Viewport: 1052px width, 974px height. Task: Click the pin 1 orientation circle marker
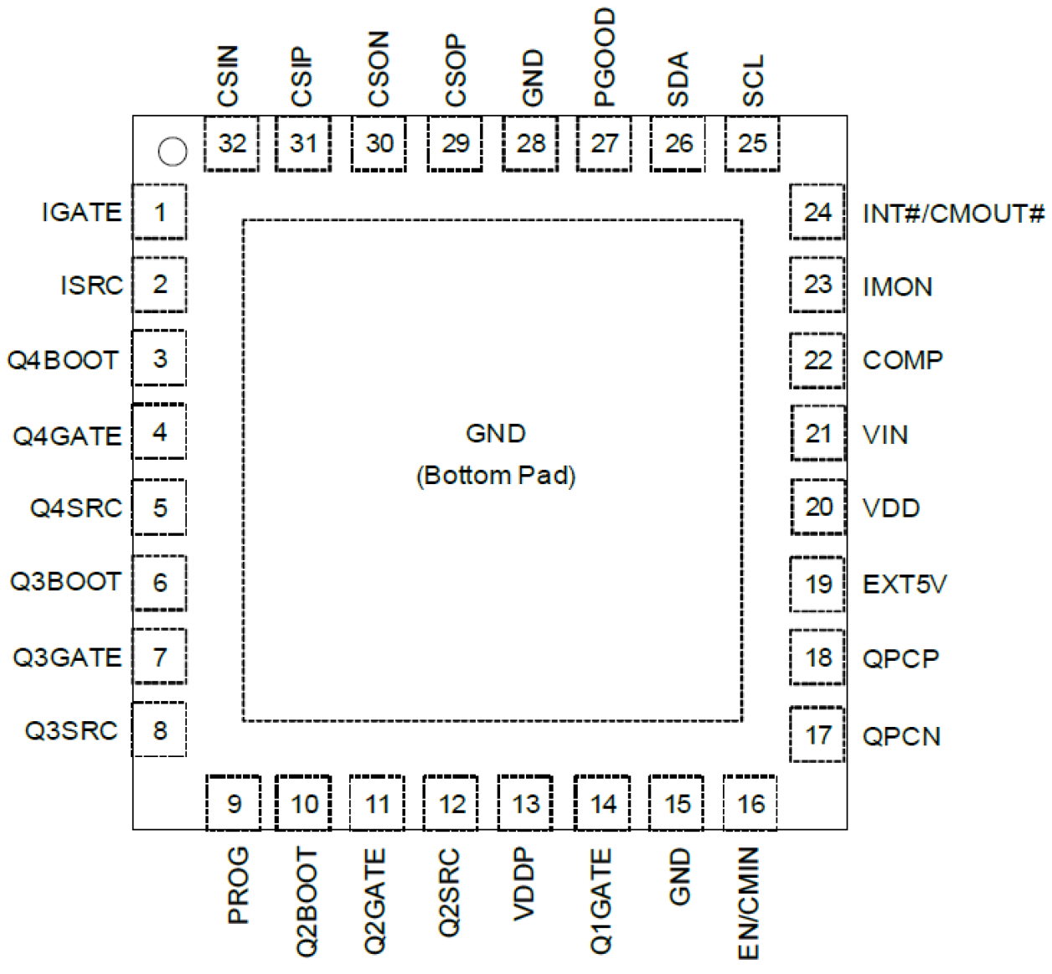pos(173,152)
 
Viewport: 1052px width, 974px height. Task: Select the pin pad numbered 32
pos(232,144)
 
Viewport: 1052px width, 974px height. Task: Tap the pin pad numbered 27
pos(604,144)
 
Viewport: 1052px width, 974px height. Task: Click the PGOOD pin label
pos(604,57)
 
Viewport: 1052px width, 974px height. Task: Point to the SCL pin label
pos(753,80)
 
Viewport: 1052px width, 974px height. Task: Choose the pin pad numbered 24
pos(817,213)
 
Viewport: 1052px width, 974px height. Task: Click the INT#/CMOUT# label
pos(953,214)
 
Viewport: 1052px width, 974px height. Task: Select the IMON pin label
pos(897,287)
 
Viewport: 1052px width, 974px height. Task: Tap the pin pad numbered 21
pos(817,434)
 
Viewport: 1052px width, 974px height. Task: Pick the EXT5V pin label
pos(905,584)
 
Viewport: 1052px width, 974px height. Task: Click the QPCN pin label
pos(901,736)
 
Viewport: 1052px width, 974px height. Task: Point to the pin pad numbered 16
pos(750,804)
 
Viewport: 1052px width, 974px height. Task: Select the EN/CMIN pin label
pos(748,903)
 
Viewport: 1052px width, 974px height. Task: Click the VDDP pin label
pos(523,884)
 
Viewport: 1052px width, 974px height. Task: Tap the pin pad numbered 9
pos(234,804)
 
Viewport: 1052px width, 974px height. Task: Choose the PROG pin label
pos(238,884)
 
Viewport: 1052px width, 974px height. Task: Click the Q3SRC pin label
pos(71,731)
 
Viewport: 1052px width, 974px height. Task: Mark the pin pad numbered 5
pos(160,508)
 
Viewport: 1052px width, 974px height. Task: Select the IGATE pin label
pos(82,213)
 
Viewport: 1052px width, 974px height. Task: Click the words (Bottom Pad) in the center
pos(496,476)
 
